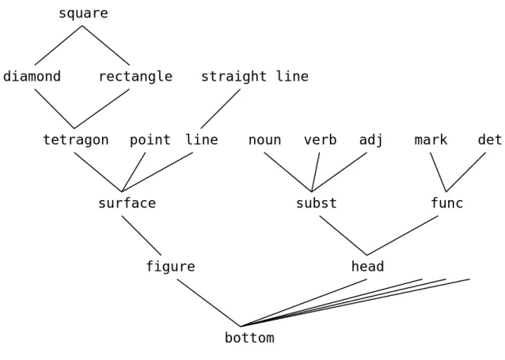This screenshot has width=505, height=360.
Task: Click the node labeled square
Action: pos(83,13)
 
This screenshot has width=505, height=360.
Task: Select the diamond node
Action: pos(32,76)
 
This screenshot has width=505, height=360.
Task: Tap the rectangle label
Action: pos(135,77)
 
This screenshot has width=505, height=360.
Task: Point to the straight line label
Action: pos(255,77)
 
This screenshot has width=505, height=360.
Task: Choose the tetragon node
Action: pos(76,140)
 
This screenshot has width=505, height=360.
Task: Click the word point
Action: pos(150,140)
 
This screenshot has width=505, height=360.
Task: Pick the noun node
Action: pos(264,140)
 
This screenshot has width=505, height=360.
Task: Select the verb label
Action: pos(320,140)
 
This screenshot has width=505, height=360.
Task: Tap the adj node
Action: pos(371,140)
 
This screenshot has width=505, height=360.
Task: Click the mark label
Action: pos(431,140)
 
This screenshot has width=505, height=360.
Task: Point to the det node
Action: pos(490,140)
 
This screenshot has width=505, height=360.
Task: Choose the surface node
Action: pos(127,203)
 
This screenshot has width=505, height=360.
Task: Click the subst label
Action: pos(317,203)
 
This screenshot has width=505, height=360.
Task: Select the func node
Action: pos(447,203)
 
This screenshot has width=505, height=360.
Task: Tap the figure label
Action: pos(170,267)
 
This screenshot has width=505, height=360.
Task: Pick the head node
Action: pos(367,267)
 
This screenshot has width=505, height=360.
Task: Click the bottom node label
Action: pos(249,338)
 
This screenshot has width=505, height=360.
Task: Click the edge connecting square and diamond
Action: pos(58,45)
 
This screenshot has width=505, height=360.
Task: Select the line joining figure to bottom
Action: pos(209,303)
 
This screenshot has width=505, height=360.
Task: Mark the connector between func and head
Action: pos(402,236)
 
